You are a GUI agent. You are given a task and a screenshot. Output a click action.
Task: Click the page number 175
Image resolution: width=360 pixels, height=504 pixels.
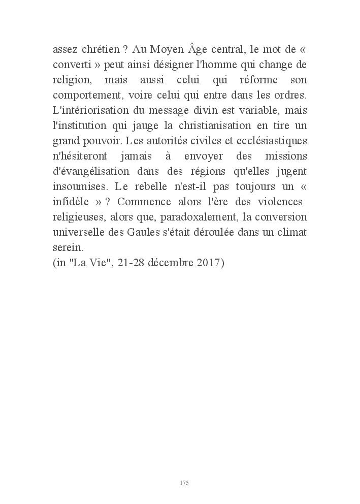tap(184, 482)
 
